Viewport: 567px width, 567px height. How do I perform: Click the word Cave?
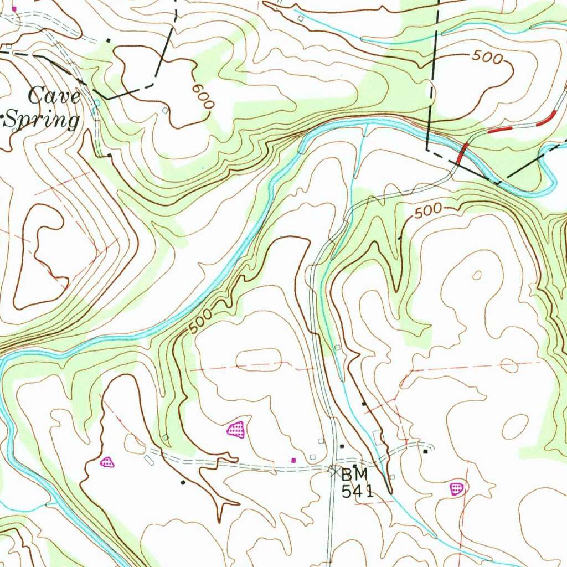pos(54,96)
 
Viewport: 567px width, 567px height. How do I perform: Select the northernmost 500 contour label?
pos(487,57)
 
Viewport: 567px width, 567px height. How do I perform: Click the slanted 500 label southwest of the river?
pos(200,321)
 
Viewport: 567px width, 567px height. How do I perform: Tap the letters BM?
pos(354,475)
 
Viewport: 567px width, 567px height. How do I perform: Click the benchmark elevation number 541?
pos(357,491)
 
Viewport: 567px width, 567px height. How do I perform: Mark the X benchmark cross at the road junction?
pos(333,471)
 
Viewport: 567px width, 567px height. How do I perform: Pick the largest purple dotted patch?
pos(236,429)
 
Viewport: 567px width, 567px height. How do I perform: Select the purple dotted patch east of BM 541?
pos(456,488)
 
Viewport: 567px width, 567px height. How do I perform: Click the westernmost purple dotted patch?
pos(107,461)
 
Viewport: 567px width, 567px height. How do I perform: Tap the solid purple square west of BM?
pos(293,460)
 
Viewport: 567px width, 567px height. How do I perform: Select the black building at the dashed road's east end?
pos(425,452)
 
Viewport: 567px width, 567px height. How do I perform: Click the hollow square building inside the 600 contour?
pos(164,111)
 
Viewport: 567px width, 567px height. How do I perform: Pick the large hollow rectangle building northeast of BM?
pos(379,437)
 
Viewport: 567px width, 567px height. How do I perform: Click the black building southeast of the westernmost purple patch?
pos(183,482)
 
